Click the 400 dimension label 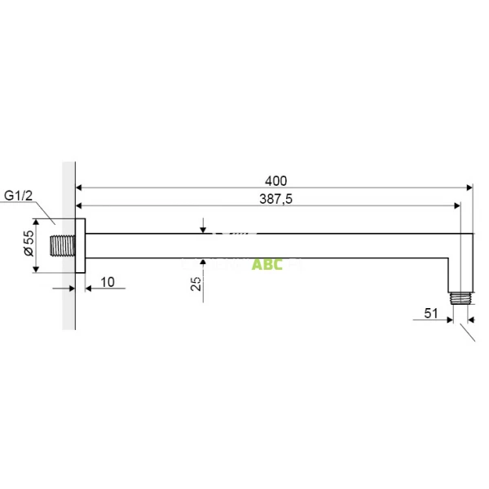point(276,179)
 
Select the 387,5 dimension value point(275,200)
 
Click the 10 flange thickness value point(108,282)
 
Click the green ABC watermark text point(267,265)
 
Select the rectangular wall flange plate point(80,245)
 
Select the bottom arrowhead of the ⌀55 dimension point(36,268)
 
